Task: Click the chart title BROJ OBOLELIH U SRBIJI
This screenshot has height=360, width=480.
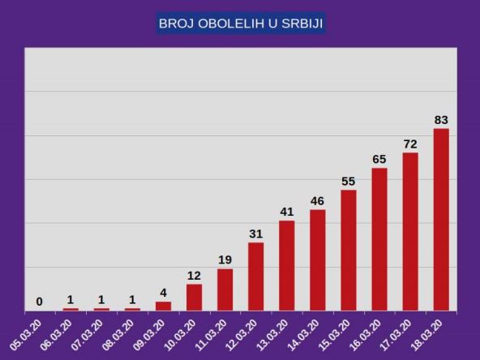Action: click(x=240, y=24)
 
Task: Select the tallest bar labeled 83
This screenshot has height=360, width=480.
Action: click(x=441, y=219)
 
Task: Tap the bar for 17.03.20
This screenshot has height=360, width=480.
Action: click(x=410, y=231)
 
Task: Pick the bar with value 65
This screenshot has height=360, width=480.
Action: click(x=379, y=239)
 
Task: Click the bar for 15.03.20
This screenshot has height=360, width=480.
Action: click(x=349, y=250)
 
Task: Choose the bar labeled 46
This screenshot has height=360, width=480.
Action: click(x=318, y=259)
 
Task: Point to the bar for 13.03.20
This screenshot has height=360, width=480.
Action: click(x=287, y=265)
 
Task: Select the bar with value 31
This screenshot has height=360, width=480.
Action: click(x=256, y=276)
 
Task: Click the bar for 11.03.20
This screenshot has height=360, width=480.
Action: click(x=225, y=289)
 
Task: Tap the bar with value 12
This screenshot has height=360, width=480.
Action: click(x=195, y=297)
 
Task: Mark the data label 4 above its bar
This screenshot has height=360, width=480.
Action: click(x=163, y=293)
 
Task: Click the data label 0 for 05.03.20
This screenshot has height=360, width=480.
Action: click(x=40, y=302)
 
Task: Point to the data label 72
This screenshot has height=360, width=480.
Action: click(x=410, y=144)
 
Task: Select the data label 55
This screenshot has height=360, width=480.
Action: click(x=349, y=182)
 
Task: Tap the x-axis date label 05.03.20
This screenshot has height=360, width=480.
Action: click(x=25, y=333)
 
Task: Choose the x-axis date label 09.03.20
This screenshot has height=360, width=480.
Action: click(x=148, y=333)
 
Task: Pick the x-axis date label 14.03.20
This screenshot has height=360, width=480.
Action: click(x=303, y=333)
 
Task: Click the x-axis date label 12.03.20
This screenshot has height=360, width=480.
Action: click(x=242, y=333)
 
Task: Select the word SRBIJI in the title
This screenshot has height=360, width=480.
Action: click(x=302, y=24)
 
